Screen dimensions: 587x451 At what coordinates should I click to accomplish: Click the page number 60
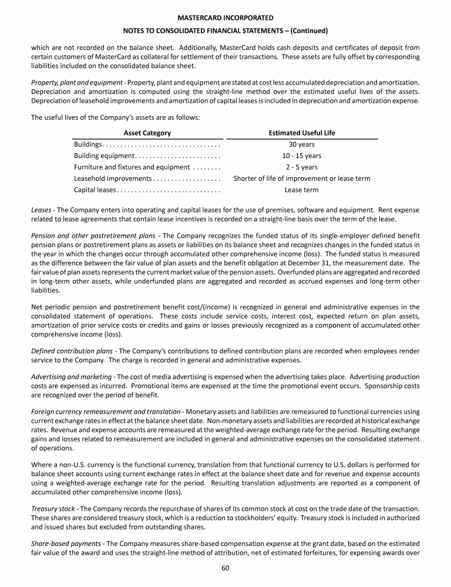(225, 568)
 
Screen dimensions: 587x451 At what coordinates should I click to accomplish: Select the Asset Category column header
(147, 133)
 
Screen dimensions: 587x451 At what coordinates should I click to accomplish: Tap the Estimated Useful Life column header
(302, 133)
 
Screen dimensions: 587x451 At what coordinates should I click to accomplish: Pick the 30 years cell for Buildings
(302, 144)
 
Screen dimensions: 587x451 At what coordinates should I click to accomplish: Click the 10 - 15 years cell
(302, 156)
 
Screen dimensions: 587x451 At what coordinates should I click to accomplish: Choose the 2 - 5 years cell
(302, 167)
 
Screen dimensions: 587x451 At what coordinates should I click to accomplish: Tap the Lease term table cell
(302, 190)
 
